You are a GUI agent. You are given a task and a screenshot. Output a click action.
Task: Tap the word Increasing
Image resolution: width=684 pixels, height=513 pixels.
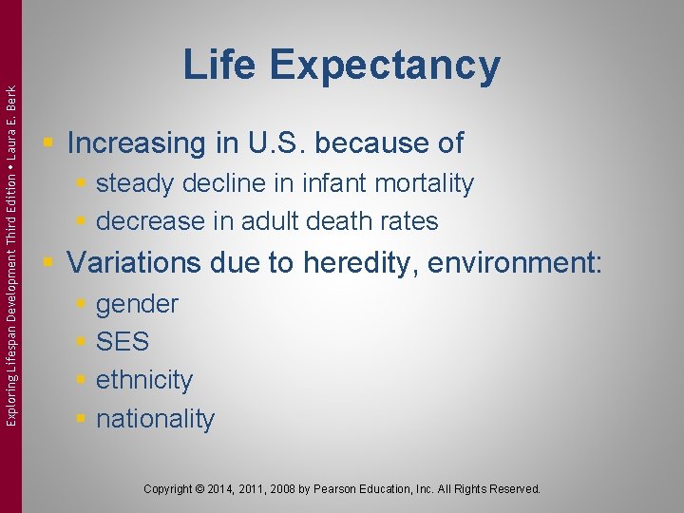pyautogui.click(x=131, y=143)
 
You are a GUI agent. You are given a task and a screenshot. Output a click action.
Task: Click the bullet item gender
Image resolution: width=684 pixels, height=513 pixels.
pyautogui.click(x=137, y=305)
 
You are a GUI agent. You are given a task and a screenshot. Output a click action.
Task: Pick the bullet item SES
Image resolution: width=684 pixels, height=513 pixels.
pyautogui.click(x=123, y=342)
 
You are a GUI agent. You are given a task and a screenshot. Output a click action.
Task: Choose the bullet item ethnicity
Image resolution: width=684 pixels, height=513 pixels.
pyautogui.click(x=144, y=380)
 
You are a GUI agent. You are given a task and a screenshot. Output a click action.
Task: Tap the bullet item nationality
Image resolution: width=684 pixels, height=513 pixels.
pyautogui.click(x=156, y=419)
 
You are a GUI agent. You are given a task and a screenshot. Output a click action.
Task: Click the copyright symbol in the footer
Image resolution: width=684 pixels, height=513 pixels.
pyautogui.click(x=197, y=489)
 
